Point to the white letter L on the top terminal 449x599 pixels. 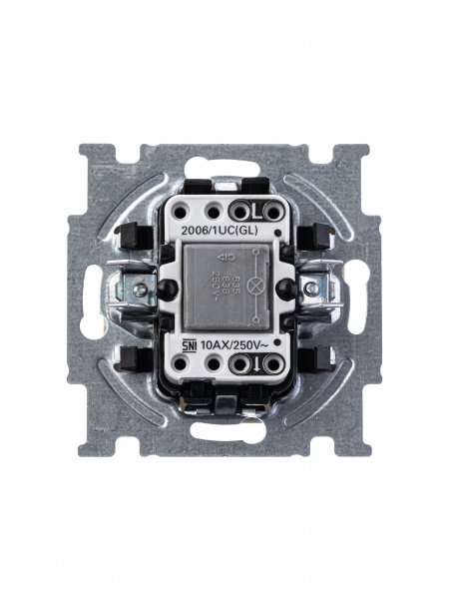256,211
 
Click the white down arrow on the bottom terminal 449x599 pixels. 256,364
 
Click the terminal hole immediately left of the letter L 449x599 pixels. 239,211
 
